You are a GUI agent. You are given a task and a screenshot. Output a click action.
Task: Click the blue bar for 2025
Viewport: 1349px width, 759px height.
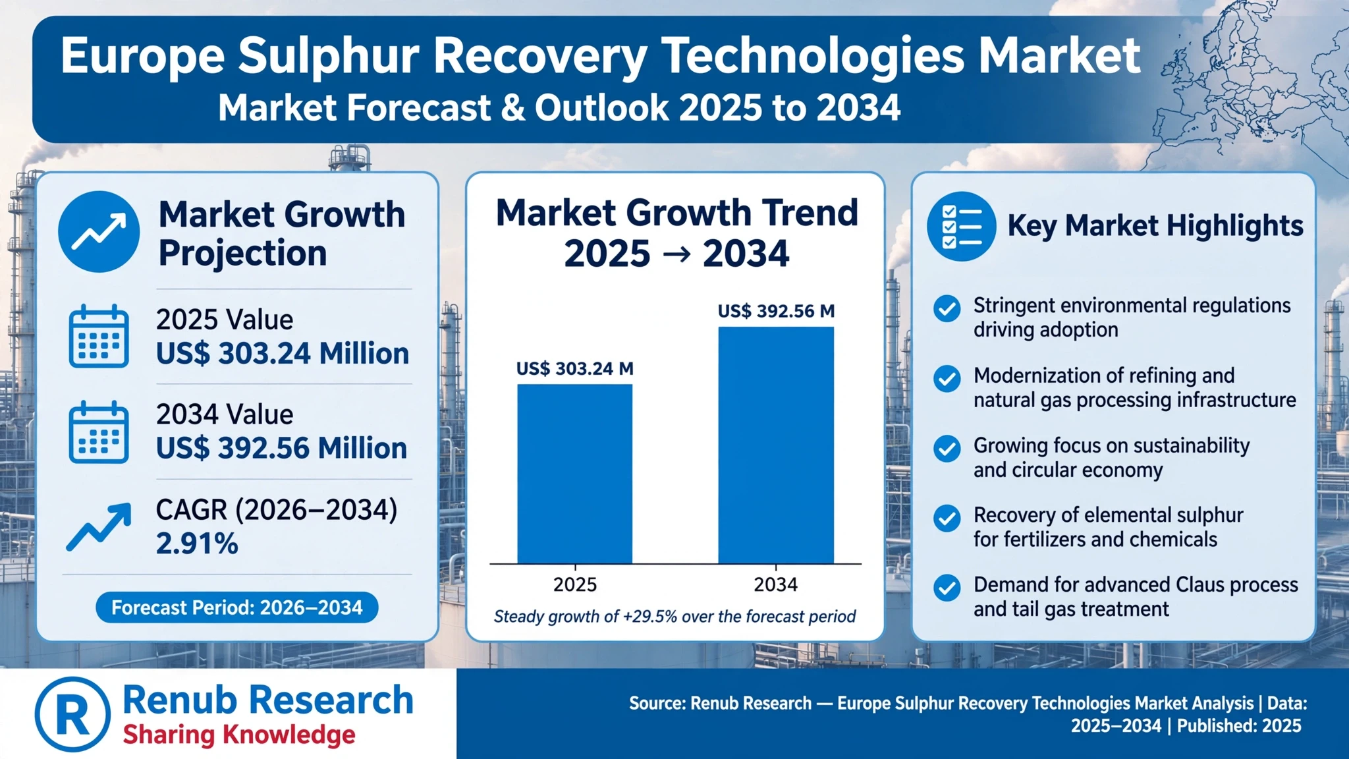pyautogui.click(x=574, y=474)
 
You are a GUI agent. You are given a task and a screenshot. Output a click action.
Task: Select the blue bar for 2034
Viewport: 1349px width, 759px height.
pyautogui.click(x=776, y=445)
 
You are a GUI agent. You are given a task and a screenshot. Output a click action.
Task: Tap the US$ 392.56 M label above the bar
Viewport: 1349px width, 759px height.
pyautogui.click(x=776, y=311)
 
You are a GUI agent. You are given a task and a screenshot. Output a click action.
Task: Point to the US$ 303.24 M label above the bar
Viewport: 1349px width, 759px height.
pyautogui.click(x=574, y=368)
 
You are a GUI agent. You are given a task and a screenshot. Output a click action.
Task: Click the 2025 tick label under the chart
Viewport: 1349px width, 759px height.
pyautogui.click(x=575, y=584)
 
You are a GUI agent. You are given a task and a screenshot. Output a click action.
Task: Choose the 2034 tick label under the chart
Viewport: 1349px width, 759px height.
pyautogui.click(x=776, y=584)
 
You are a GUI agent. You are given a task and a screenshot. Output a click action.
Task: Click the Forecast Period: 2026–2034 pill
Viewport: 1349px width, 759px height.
pyautogui.click(x=237, y=607)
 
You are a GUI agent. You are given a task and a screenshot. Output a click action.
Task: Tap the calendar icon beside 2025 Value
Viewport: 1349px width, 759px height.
pyautogui.click(x=99, y=336)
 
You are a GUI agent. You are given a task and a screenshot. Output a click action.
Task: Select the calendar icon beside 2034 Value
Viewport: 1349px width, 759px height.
pyautogui.click(x=99, y=432)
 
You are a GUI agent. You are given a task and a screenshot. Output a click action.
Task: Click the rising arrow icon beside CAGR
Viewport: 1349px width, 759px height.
pyautogui.click(x=99, y=526)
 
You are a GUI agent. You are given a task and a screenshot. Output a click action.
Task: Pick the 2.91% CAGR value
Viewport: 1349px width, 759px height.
pyautogui.click(x=197, y=544)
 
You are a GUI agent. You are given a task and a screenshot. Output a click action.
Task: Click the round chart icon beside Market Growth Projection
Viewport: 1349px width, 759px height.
pyautogui.click(x=99, y=232)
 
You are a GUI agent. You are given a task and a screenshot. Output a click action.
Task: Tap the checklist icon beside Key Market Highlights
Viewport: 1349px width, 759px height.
pyautogui.click(x=962, y=226)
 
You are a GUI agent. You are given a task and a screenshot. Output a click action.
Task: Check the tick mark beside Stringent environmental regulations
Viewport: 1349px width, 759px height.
pyautogui.click(x=947, y=308)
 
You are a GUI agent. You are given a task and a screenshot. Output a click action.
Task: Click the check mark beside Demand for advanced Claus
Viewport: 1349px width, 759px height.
pyautogui.click(x=947, y=588)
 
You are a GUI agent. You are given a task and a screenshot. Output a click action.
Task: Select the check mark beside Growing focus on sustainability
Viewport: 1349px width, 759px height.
pyautogui.click(x=947, y=448)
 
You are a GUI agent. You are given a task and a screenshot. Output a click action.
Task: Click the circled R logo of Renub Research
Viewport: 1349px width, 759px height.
pyautogui.click(x=72, y=714)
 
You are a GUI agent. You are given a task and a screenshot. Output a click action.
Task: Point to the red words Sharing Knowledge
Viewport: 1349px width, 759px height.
pyautogui.click(x=239, y=735)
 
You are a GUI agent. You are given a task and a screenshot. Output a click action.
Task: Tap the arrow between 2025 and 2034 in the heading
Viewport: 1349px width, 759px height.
pyautogui.click(x=676, y=254)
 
